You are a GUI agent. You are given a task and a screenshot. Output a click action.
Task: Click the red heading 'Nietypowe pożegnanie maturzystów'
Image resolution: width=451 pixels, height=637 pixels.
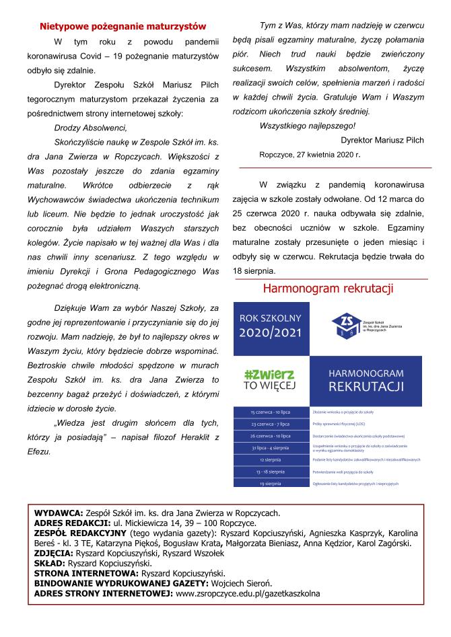123,27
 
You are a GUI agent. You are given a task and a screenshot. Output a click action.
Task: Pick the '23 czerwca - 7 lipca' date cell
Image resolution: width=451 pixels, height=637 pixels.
270,424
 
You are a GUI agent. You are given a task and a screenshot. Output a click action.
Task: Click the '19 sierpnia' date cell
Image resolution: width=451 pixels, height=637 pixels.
270,484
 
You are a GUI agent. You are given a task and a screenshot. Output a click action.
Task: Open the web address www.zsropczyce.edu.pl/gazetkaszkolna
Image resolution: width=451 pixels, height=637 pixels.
248,594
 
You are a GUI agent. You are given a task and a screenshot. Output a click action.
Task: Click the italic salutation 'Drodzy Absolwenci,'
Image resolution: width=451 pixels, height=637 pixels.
90,127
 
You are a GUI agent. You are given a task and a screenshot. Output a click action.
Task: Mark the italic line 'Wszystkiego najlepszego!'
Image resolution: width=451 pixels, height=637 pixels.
307,125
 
